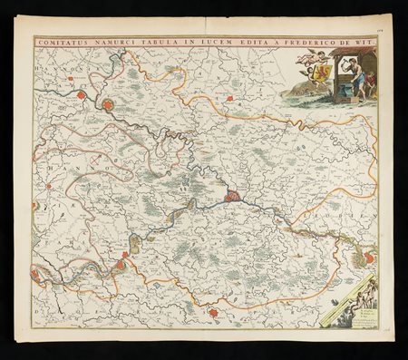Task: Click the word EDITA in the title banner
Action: point(214,41)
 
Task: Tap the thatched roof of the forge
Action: point(354,54)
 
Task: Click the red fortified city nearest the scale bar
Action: point(369,258)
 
